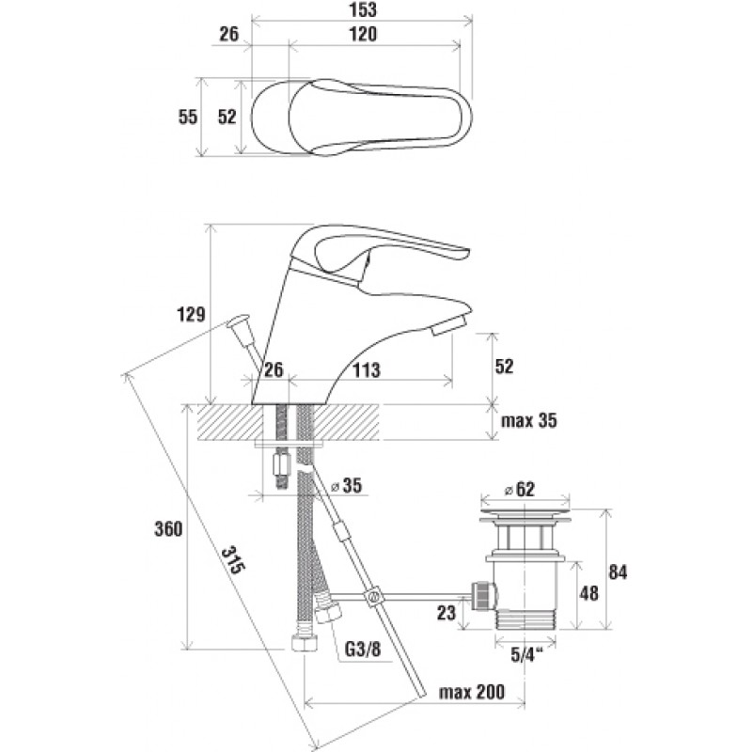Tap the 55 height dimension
pyautogui.click(x=187, y=117)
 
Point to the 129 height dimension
pyautogui.click(x=190, y=315)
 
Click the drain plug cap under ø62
pyautogui.click(x=525, y=516)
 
